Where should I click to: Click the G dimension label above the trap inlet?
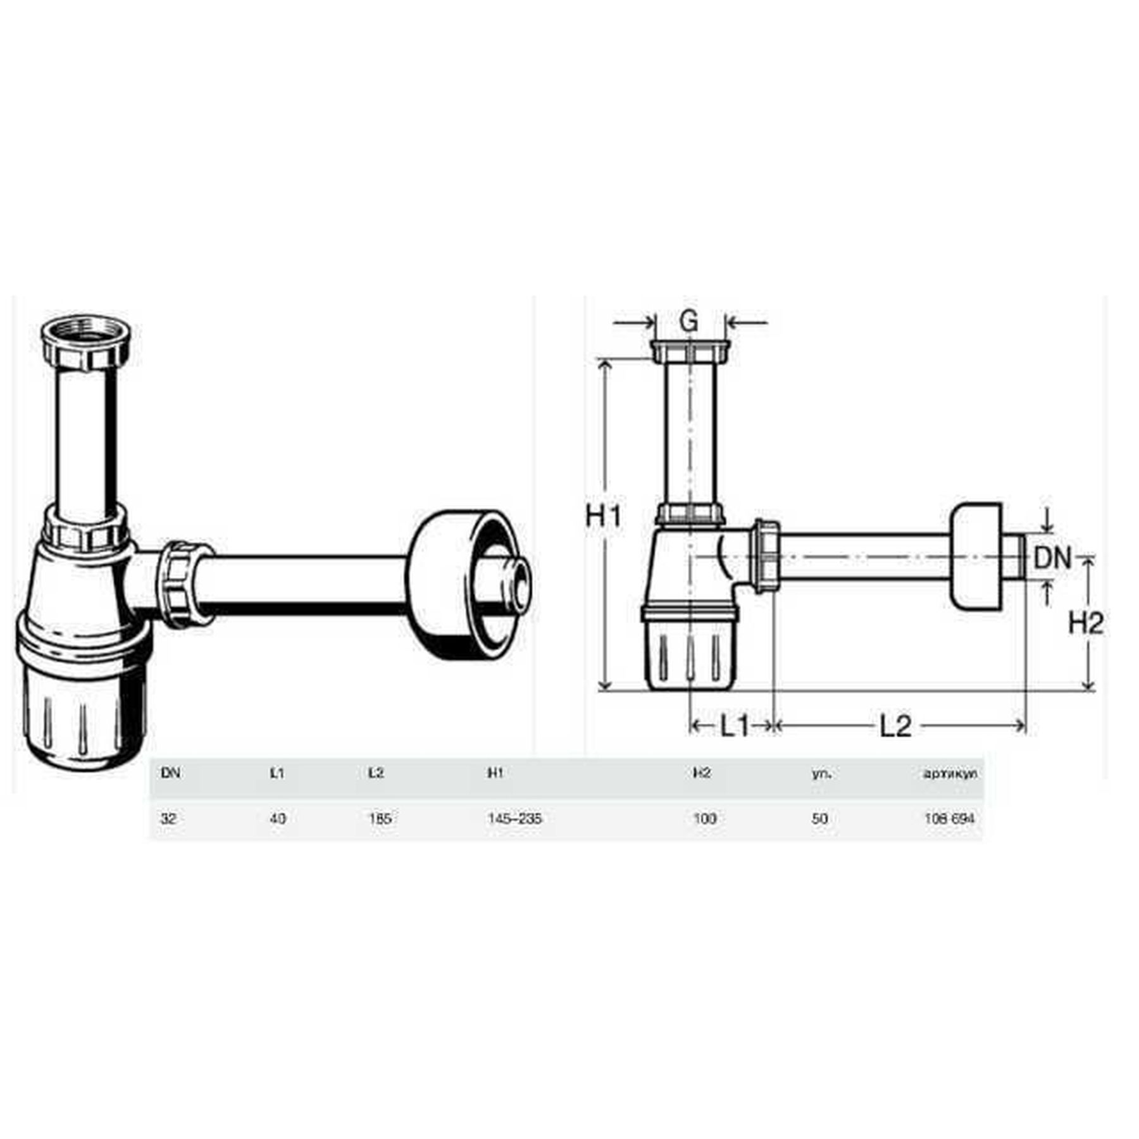688,321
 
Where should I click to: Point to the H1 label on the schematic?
604,517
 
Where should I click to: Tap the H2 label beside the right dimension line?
1085,623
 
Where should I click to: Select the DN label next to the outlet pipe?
1052,558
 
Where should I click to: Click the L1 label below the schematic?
735,726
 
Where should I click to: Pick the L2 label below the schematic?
895,726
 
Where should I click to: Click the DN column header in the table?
170,773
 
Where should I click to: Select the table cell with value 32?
168,818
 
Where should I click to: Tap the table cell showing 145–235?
514,818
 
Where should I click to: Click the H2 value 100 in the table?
704,818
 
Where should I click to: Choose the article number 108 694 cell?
949,818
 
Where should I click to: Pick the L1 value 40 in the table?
278,818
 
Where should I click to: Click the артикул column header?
950,773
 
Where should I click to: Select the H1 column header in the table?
495,773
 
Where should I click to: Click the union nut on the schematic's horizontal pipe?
766,557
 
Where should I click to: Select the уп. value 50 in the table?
819,818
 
